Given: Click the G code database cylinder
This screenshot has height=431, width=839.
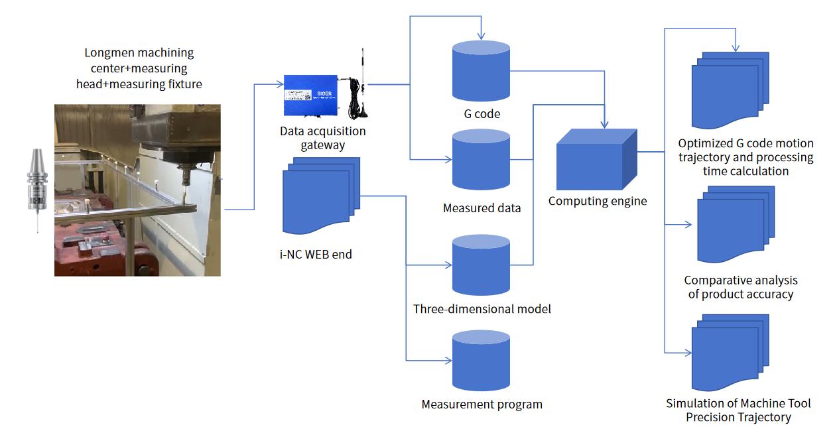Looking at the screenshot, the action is (x=481, y=71).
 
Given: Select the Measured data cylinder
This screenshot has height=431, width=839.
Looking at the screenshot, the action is (x=481, y=160).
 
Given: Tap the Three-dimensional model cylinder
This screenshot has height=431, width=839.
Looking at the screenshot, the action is (x=481, y=265).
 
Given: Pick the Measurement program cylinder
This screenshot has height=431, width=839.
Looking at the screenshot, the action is (x=481, y=361).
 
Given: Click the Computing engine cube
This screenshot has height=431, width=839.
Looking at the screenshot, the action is (x=597, y=160).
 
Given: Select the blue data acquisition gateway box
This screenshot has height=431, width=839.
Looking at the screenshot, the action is (x=310, y=95).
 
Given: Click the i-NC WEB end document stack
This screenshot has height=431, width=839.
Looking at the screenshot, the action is (x=321, y=196).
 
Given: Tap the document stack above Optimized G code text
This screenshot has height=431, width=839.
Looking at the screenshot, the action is (x=730, y=90).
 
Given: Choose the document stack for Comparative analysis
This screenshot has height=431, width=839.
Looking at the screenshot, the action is (x=736, y=224).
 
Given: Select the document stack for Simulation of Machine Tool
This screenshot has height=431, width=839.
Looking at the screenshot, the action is (x=730, y=353).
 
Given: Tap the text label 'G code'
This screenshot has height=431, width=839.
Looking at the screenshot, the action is (x=482, y=114).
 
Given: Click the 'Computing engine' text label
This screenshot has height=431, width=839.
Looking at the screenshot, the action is (x=598, y=201).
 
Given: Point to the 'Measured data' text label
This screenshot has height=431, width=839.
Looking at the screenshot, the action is (x=482, y=208).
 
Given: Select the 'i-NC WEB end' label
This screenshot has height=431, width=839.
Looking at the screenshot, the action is (x=316, y=255).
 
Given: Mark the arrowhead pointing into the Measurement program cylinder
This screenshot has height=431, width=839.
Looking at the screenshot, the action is (x=448, y=361).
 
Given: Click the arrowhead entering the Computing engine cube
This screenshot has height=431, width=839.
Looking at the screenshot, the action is (x=604, y=124).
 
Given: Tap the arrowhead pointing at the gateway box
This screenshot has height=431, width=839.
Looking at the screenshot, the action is (x=280, y=84).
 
